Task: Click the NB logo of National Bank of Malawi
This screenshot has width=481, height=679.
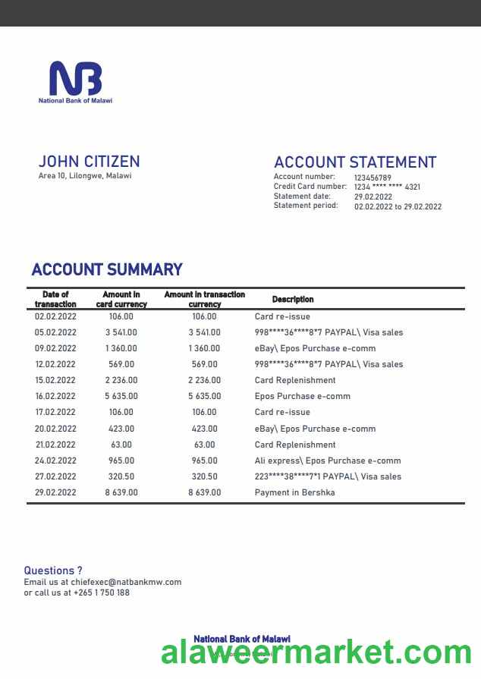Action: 75,79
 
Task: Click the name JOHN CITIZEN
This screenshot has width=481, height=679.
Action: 89,162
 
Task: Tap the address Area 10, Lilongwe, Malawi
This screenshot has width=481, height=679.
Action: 84,176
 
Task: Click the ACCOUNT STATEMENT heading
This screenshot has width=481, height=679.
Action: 354,162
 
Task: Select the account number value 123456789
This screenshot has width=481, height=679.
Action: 373,178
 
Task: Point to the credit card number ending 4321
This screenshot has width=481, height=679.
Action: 387,187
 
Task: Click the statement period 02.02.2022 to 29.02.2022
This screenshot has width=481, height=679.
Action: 398,206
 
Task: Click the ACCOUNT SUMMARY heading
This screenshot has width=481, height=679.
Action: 107,269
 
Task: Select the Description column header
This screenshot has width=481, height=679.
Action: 293,300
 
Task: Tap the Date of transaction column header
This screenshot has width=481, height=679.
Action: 55,299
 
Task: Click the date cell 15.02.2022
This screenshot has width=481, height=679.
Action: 55,380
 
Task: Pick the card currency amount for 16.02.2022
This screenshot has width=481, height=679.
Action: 121,396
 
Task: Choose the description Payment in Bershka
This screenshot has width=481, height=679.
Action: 294,492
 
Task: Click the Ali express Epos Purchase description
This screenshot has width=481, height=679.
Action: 328,461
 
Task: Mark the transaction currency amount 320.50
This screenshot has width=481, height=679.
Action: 204,476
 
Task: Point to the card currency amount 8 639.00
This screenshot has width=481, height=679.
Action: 121,492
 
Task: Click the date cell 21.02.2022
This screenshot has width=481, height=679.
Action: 55,445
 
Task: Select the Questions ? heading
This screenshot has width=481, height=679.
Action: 53,571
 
